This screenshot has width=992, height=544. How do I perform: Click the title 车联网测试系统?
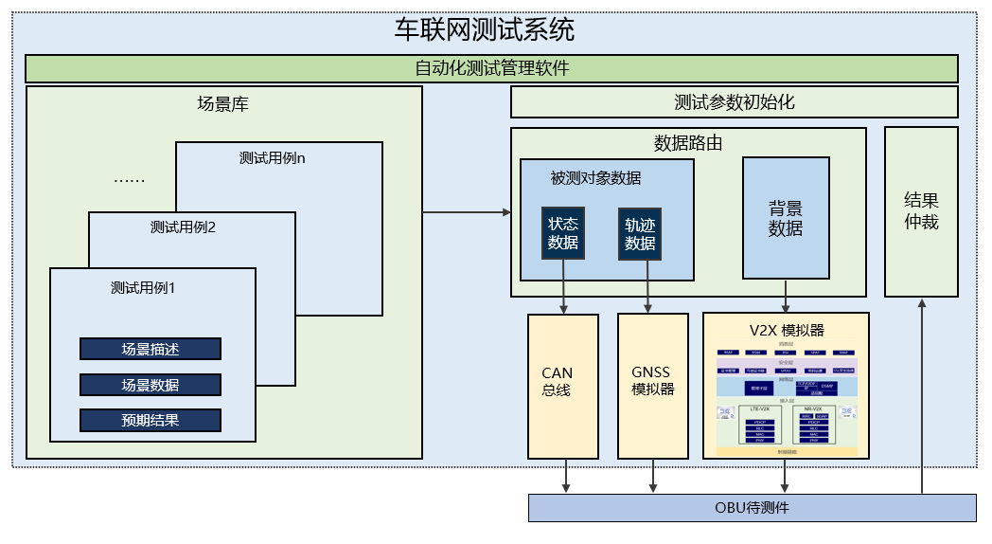[x=484, y=30]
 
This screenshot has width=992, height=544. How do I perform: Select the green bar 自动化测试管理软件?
[x=491, y=68]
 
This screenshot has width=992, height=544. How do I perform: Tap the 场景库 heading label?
[x=222, y=104]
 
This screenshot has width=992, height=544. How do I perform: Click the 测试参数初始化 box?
[x=734, y=101]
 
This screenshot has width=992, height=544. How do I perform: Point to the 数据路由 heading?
[x=688, y=143]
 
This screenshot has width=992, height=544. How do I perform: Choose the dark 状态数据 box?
[x=563, y=233]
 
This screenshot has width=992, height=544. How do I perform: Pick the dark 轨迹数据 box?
[x=640, y=233]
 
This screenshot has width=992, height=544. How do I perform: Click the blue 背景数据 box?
[x=786, y=217]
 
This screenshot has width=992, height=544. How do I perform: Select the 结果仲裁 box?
[x=921, y=211]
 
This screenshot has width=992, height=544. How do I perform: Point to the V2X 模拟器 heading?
[x=786, y=330]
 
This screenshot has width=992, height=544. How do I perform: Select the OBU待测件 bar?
[x=752, y=507]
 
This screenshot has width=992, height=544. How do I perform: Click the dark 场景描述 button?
[x=151, y=349]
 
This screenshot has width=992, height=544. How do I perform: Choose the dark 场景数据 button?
[x=151, y=385]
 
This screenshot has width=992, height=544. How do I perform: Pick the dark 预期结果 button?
[x=151, y=420]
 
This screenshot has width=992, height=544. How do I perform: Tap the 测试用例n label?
[x=273, y=158]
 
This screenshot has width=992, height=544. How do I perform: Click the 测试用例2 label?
[x=184, y=227]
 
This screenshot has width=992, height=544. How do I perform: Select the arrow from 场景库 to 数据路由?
[x=466, y=211]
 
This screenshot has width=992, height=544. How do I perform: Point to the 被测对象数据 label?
[x=595, y=177]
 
